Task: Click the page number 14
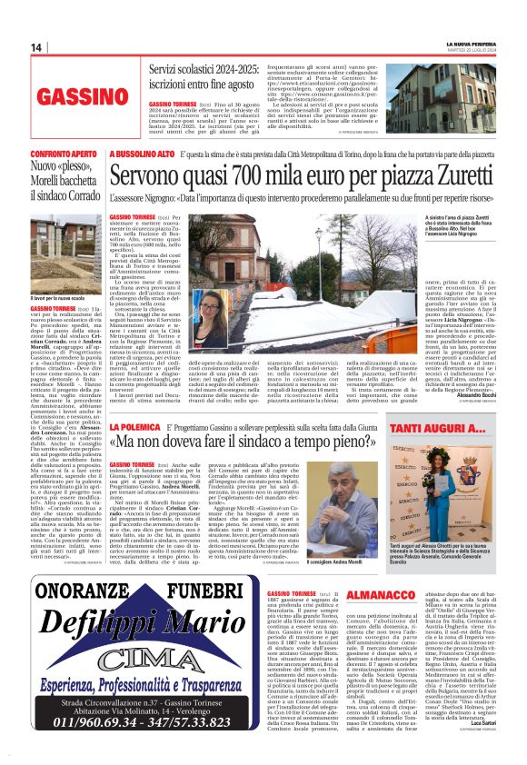tap(36, 47)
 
